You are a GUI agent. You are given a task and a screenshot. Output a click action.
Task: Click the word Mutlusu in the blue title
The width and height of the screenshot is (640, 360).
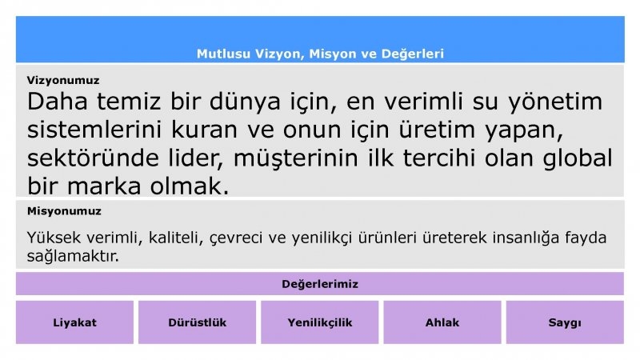(223, 54)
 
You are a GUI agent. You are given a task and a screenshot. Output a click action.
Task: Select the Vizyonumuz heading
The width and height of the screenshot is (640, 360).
(63, 81)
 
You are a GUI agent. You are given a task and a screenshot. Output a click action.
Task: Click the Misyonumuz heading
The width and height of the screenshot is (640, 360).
(64, 211)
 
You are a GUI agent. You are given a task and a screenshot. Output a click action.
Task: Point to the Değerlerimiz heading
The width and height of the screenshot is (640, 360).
(320, 284)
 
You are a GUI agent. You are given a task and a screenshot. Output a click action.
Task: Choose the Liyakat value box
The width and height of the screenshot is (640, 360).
(74, 322)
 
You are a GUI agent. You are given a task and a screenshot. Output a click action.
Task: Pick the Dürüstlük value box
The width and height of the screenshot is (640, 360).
(197, 322)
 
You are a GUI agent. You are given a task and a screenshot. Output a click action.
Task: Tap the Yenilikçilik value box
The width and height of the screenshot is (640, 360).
(319, 322)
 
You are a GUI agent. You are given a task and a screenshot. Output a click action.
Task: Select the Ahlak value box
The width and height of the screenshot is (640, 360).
(442, 322)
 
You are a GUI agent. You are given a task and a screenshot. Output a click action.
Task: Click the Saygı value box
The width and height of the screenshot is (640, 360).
(565, 322)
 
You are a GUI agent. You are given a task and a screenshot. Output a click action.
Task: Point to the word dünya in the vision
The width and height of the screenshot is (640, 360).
(245, 102)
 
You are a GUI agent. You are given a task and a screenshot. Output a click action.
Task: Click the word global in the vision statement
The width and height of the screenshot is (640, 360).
(577, 158)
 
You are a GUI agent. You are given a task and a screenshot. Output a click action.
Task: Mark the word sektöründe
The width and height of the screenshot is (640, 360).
(93, 158)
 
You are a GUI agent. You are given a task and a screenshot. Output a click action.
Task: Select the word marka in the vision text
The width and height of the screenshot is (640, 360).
(104, 186)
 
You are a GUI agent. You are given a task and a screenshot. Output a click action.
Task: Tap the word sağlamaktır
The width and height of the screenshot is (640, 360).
(73, 256)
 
